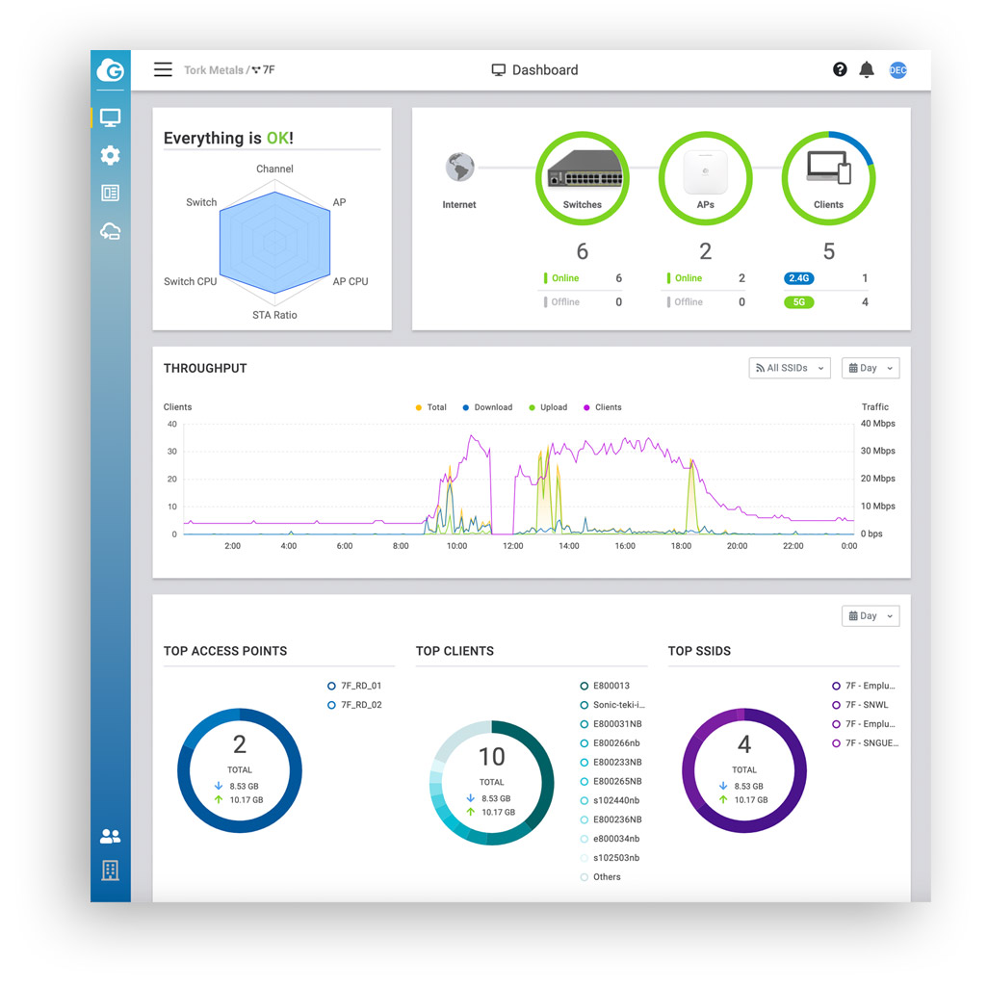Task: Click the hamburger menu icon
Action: point(164,69)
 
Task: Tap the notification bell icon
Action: point(867,69)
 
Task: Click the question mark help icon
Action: point(840,69)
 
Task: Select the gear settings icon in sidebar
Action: point(110,155)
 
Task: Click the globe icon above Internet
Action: point(459,168)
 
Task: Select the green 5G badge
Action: point(798,302)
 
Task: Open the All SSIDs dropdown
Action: point(790,368)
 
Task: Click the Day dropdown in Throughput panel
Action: point(870,368)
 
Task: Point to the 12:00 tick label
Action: point(513,546)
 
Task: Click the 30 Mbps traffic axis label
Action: point(877,451)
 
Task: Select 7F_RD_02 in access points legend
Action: point(361,705)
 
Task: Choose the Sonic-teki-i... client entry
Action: point(618,705)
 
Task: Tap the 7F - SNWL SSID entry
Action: point(867,705)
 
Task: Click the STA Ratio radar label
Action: point(274,315)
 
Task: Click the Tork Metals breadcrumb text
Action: point(214,70)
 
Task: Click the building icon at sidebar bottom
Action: point(110,871)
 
